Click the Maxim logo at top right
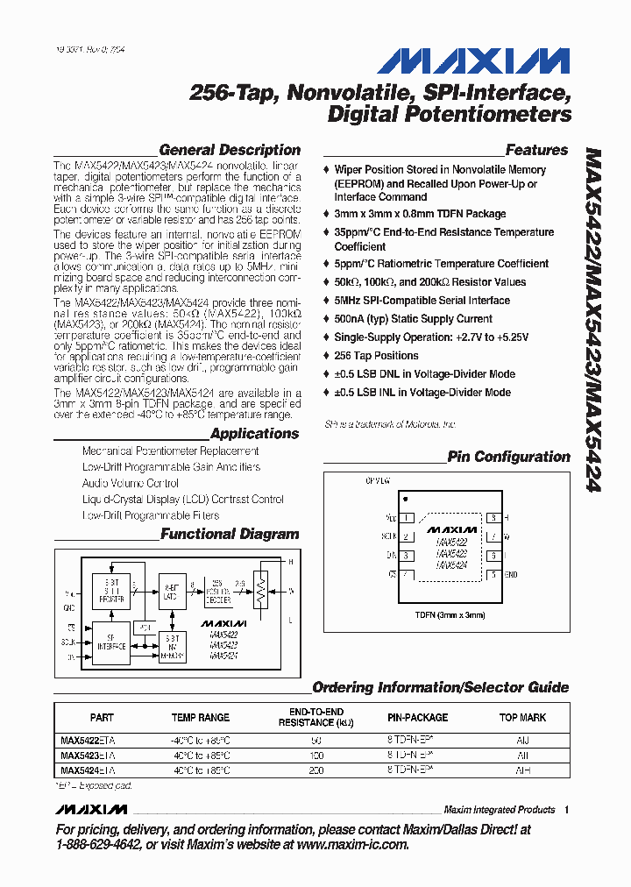click(x=473, y=62)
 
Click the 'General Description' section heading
click(x=230, y=150)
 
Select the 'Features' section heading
click(x=536, y=150)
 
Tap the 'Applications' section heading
click(x=254, y=433)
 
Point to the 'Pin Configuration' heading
click(x=508, y=457)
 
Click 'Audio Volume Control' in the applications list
click(x=131, y=483)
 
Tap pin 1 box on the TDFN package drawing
click(x=407, y=518)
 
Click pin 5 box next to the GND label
click(x=494, y=575)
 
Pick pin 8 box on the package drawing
click(x=494, y=518)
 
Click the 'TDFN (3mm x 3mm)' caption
click(x=450, y=615)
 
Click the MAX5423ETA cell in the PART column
click(x=88, y=755)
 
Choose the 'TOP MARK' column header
click(x=522, y=717)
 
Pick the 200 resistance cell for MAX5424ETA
click(x=316, y=770)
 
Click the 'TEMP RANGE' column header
click(x=201, y=717)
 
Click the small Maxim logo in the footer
click(x=90, y=809)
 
